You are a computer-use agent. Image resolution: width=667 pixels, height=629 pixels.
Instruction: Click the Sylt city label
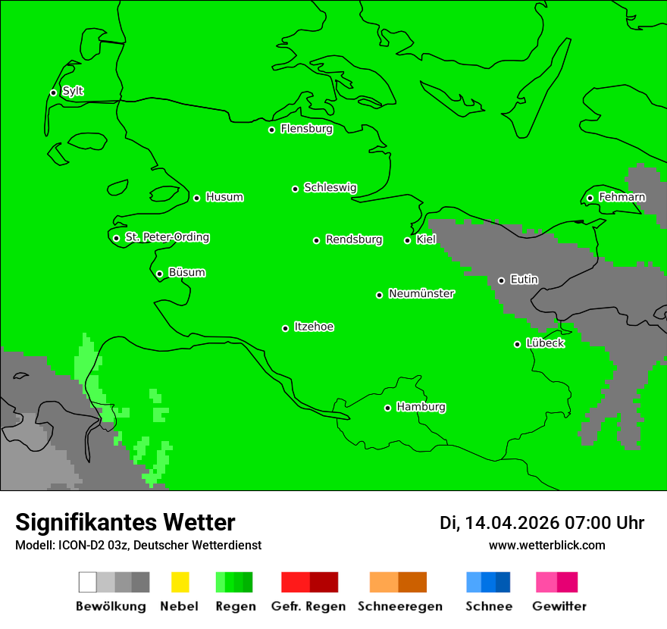pyautogui.click(x=73, y=92)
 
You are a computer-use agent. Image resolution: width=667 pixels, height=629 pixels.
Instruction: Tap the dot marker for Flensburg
pyautogui.click(x=271, y=130)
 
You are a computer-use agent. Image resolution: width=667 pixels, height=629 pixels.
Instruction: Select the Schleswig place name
pyautogui.click(x=330, y=188)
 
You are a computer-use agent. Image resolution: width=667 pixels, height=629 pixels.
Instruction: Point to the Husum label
pyautogui.click(x=224, y=198)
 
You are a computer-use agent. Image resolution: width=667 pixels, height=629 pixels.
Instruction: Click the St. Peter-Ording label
pyautogui.click(x=167, y=238)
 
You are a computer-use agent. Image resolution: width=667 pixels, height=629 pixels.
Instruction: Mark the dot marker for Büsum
pyautogui.click(x=159, y=274)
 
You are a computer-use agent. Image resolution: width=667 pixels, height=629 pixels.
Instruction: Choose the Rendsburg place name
pyautogui.click(x=354, y=240)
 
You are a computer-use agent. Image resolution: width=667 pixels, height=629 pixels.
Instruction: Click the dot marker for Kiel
pyautogui.click(x=407, y=241)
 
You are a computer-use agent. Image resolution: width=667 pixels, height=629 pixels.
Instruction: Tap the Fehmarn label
pyautogui.click(x=622, y=198)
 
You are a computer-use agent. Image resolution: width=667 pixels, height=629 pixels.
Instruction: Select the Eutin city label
pyautogui.click(x=524, y=280)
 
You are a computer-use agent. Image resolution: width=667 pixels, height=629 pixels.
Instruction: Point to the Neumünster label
pyautogui.click(x=421, y=294)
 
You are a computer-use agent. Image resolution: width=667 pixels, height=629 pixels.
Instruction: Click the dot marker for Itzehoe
pyautogui.click(x=285, y=328)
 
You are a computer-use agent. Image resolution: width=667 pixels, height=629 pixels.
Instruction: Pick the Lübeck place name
pyautogui.click(x=545, y=344)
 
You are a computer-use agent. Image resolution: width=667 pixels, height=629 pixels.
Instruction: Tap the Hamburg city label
pyautogui.click(x=421, y=408)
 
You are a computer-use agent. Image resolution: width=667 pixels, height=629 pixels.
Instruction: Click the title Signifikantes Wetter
pyautogui.click(x=125, y=523)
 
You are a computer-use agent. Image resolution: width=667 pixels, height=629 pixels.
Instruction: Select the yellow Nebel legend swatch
pyautogui.click(x=180, y=582)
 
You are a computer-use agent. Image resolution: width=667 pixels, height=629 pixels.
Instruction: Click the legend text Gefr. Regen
pyautogui.click(x=308, y=607)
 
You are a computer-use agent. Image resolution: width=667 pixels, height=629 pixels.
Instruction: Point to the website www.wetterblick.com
pyautogui.click(x=546, y=546)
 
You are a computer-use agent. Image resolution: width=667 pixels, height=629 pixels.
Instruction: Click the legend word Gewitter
pyautogui.click(x=559, y=607)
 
